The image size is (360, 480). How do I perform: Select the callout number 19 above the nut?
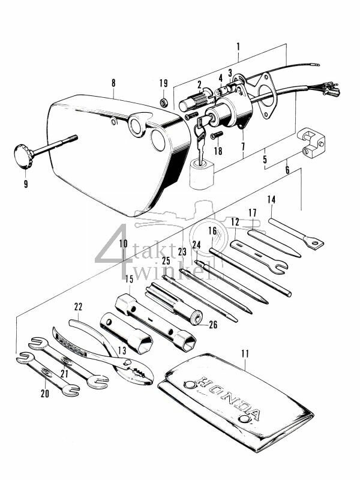[163, 83]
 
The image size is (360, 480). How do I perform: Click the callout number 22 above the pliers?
[78, 307]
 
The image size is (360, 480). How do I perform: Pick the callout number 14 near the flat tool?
[271, 199]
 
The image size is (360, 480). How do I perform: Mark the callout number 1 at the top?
[238, 46]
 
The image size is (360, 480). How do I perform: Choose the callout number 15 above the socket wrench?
[128, 278]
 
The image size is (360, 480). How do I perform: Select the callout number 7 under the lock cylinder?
[242, 146]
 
